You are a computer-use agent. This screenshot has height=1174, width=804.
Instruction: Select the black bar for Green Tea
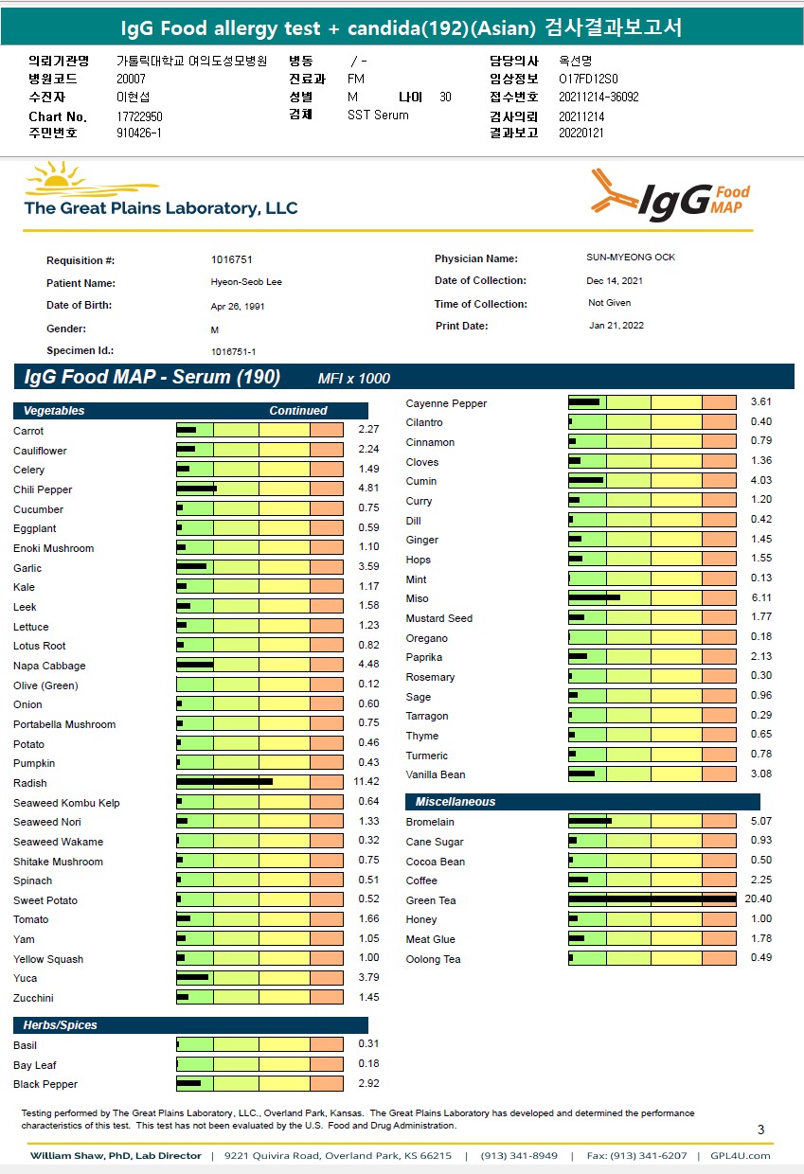coord(652,899)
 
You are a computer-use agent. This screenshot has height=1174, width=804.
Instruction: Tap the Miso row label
coord(417,598)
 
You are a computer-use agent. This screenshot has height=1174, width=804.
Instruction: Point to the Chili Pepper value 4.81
coord(368,489)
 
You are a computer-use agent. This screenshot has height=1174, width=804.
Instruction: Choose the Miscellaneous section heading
coord(455,802)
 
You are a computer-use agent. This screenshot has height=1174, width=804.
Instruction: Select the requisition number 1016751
coord(232,259)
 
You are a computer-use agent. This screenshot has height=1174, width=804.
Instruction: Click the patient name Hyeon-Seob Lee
coord(245,282)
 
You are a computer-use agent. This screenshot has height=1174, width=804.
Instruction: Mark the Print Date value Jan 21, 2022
coord(617,326)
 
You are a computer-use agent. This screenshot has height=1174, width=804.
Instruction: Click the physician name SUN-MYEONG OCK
coord(631,258)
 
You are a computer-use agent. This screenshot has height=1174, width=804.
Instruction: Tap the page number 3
coord(760,1130)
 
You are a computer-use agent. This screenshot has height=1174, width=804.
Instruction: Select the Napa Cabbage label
coord(49,666)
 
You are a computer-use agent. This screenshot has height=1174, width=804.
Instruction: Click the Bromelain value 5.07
coord(760,821)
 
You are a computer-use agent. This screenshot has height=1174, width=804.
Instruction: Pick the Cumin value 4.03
coord(760,480)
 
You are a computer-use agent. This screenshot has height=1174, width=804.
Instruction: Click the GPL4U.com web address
coord(748,1156)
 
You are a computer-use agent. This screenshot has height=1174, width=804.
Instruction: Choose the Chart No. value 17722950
coord(139,116)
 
